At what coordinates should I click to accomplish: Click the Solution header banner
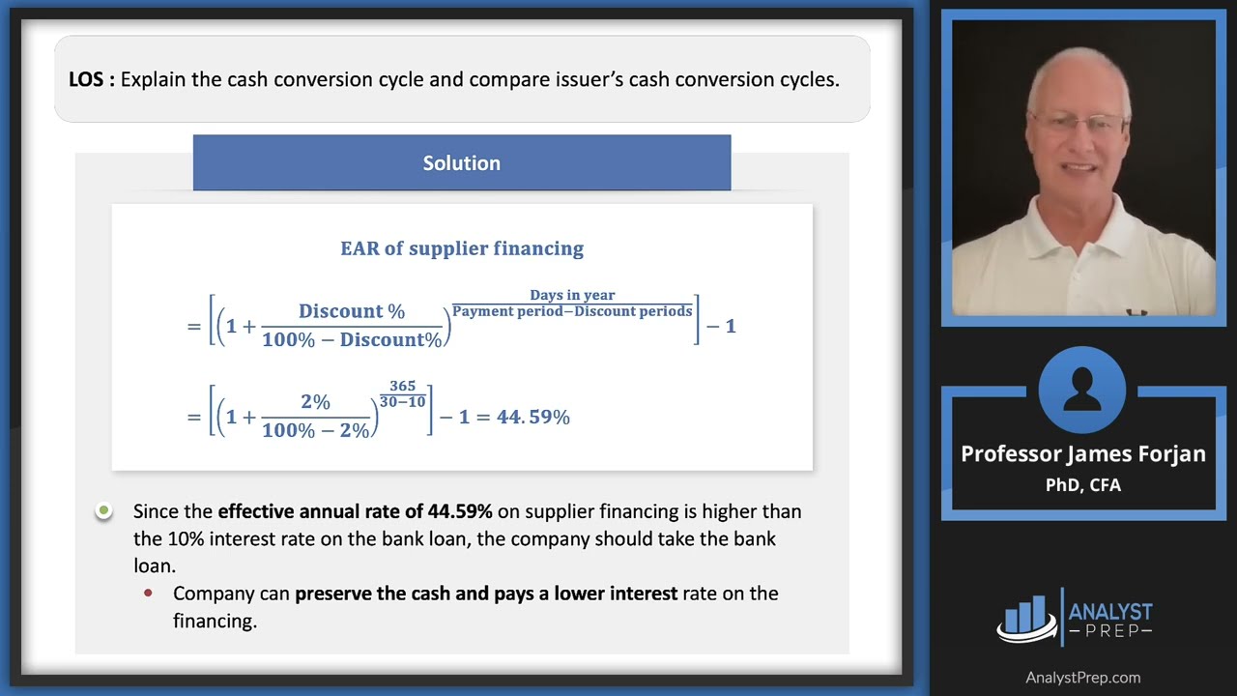point(462,163)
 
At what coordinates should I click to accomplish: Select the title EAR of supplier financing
point(462,248)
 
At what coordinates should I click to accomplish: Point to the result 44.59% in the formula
point(533,418)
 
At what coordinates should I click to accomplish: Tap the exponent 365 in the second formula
point(403,386)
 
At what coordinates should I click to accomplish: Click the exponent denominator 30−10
point(403,401)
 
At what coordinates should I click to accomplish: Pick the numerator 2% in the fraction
point(315,402)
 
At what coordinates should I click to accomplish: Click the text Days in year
point(572,295)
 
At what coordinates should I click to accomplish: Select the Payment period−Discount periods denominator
point(572,311)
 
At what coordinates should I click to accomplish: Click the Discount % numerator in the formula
point(352,311)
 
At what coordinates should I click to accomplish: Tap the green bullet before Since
point(104,510)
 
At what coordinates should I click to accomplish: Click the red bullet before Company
point(148,593)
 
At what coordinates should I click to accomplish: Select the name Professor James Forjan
point(1083,454)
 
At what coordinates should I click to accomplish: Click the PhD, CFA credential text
point(1083,484)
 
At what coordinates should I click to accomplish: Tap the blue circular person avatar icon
point(1082,391)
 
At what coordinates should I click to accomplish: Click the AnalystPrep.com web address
point(1082,678)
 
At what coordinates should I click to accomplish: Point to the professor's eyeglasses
point(1079,123)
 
